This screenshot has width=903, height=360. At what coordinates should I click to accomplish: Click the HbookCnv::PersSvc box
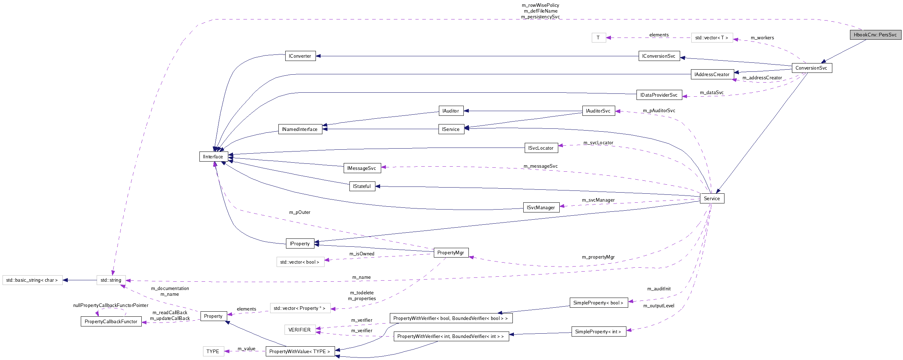pos(875,35)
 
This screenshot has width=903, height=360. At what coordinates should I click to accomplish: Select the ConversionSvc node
pos(811,68)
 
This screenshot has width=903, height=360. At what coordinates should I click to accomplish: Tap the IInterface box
pos(213,157)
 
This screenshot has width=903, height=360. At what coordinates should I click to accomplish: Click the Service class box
pos(712,198)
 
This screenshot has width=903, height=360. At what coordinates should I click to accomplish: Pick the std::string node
pos(111,280)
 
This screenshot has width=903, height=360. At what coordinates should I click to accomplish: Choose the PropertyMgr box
pos(450,253)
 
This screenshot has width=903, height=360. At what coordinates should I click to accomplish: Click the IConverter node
pos(300,56)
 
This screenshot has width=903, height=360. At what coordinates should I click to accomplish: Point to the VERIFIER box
pos(299,330)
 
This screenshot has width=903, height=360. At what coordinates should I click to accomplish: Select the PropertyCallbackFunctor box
pos(111,321)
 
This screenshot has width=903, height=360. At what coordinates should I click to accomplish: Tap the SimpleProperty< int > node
pos(598,332)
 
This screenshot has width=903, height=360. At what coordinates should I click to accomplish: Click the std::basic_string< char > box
pos(32,280)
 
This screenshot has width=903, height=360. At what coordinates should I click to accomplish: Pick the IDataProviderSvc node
pos(658,95)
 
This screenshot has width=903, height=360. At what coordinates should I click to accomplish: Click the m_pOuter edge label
pos(300,212)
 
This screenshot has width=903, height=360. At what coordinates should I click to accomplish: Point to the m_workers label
pos(762,38)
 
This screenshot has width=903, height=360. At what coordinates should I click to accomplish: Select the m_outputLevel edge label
pos(658,306)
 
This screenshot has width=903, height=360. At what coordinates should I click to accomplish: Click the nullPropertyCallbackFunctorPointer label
pos(111,305)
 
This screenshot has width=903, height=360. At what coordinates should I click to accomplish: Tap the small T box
pos(598,38)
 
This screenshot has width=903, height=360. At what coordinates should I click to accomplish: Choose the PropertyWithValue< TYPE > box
pos(300,351)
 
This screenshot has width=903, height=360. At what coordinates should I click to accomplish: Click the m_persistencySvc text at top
pos(540,17)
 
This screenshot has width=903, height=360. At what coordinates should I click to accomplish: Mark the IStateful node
pos(362,186)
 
